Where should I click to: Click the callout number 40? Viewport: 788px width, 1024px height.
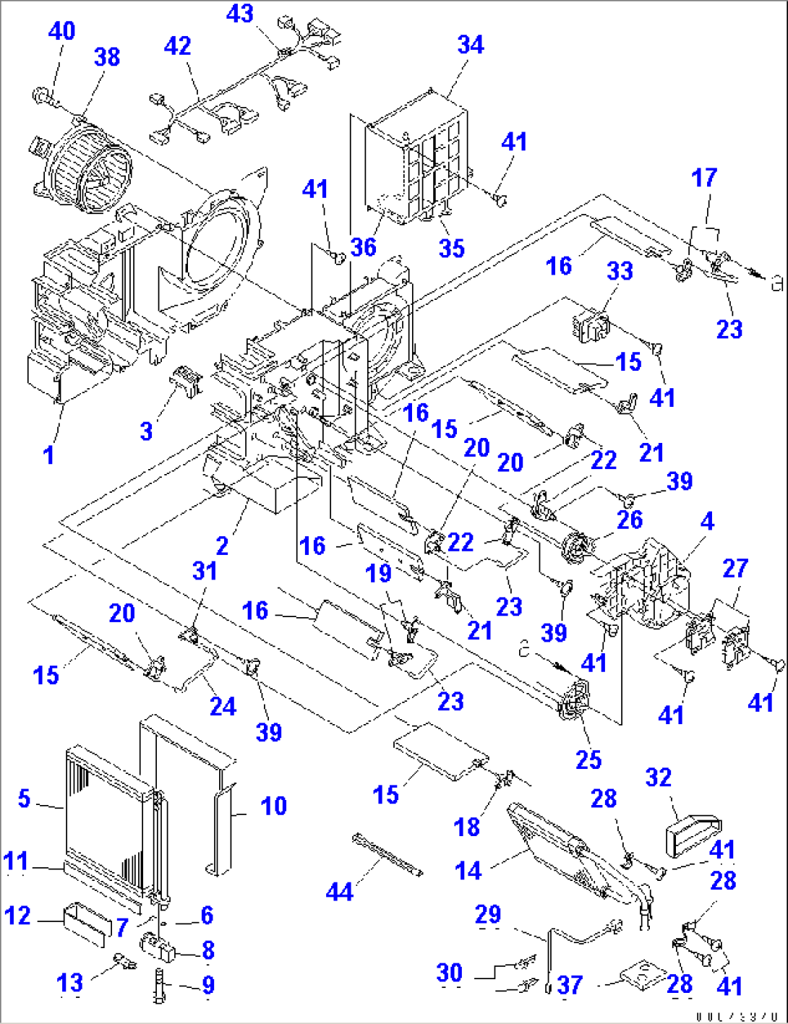(x=62, y=31)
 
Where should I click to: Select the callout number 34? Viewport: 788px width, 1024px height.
(x=471, y=45)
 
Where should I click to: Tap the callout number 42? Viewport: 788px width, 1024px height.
(x=177, y=46)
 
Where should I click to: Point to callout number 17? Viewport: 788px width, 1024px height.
(x=704, y=178)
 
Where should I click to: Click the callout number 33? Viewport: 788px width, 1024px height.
(x=620, y=271)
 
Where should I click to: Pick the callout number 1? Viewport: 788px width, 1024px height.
(x=48, y=455)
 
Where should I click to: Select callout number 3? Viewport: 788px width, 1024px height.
(x=147, y=431)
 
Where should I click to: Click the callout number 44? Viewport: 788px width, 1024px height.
(x=339, y=892)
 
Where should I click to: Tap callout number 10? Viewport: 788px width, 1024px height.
(x=273, y=806)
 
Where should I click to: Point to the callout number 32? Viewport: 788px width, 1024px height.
(x=658, y=778)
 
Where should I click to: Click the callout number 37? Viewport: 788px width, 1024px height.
(x=570, y=984)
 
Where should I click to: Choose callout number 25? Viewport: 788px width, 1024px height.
(x=588, y=760)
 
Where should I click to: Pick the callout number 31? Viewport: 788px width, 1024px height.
(x=205, y=571)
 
